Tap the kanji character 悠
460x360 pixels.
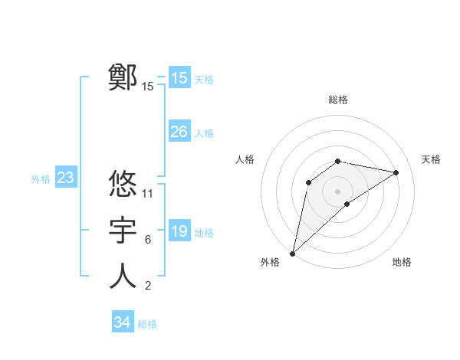pos(123,184)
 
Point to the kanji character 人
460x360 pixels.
pos(123,277)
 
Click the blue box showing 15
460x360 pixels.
pos(179,78)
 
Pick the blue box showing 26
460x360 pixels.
pos(179,132)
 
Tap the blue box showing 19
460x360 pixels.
pos(179,231)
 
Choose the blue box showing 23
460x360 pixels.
pos(65,178)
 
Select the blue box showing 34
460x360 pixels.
pos(122,322)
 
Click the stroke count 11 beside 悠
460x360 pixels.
pos(148,193)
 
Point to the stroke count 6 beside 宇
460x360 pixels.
pos(147,240)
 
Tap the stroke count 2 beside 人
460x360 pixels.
pos(147,286)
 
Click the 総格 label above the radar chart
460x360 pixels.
pos(338,100)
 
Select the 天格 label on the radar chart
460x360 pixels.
pos(431,159)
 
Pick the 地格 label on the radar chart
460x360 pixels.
pos(402,262)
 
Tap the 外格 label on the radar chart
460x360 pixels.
pos(270,262)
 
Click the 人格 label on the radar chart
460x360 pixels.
pos(245,159)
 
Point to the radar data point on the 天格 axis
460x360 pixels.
pos(396,172)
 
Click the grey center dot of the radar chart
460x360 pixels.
pos(338,191)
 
